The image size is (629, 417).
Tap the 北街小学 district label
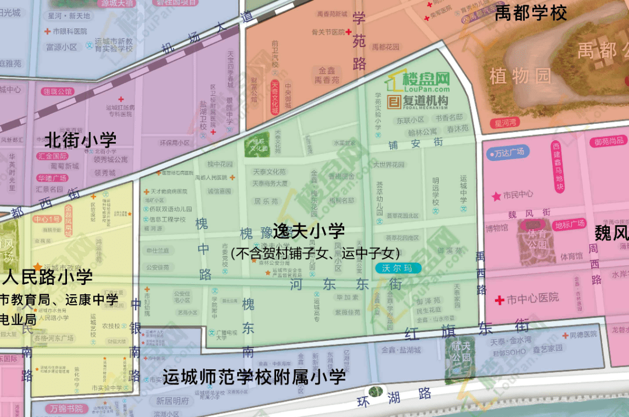pos(81,140)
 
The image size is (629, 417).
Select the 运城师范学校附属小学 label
pos(254,377)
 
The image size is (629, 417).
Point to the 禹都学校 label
pos(531,13)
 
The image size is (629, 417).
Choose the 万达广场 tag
pos(506,152)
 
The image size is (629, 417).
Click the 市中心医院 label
pos(525,299)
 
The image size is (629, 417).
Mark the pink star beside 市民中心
pos(496,197)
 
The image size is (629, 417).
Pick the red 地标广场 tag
pos(570,224)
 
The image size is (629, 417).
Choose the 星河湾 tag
pos(506,123)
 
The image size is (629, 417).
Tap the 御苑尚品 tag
pos(609,141)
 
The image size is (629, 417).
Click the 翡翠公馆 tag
pos(57,91)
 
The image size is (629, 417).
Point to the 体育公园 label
pos(538,238)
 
